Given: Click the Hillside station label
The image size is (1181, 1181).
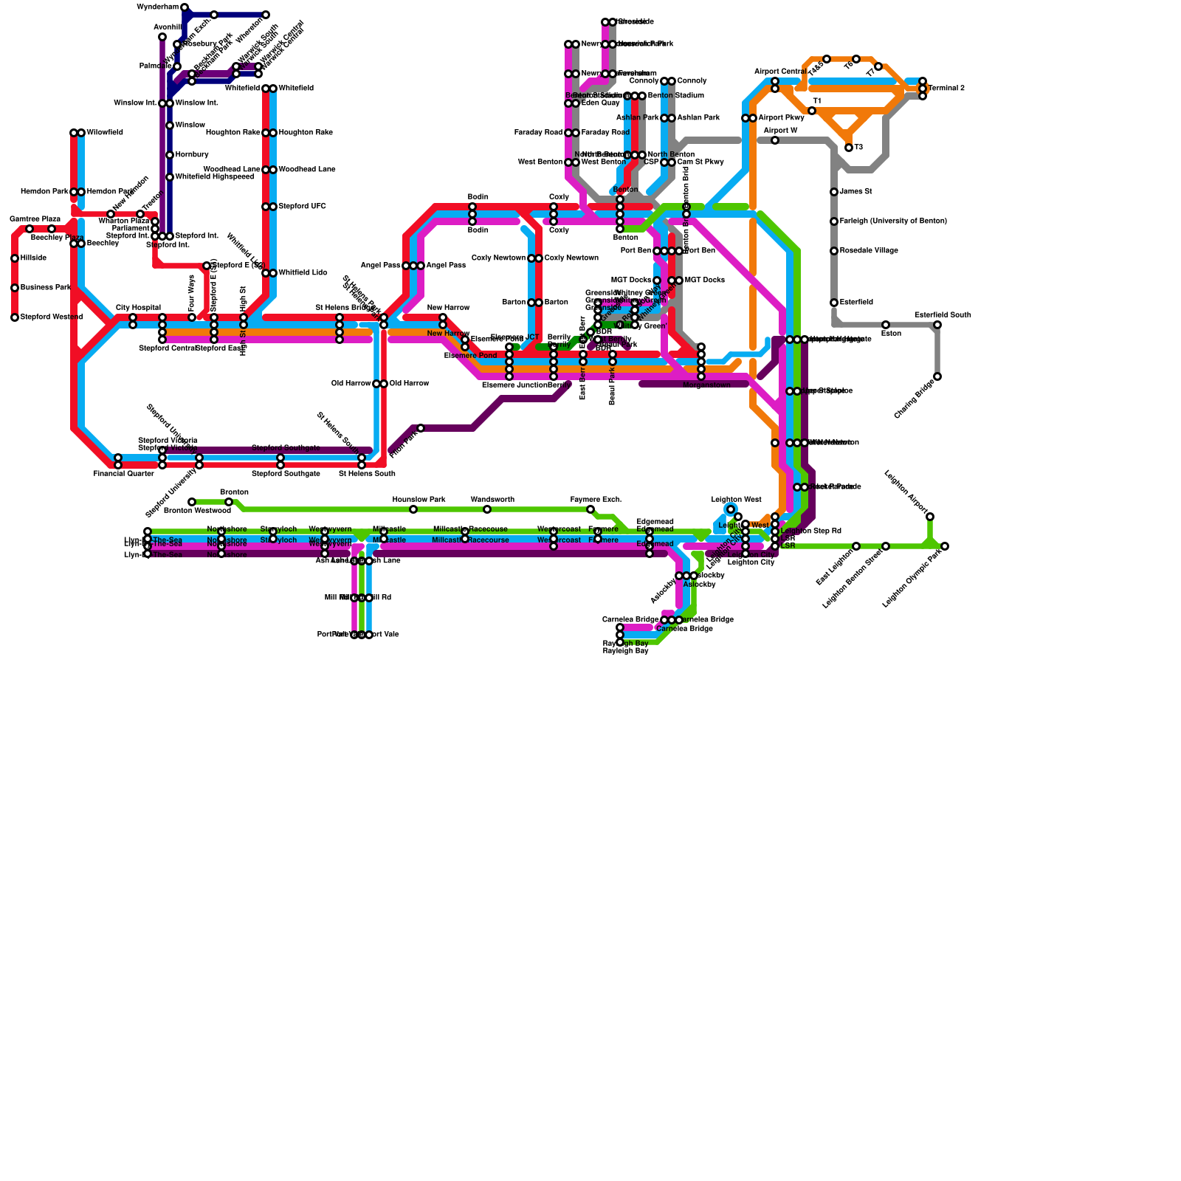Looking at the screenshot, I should (33, 258).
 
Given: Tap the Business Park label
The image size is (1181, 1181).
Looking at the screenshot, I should (46, 288).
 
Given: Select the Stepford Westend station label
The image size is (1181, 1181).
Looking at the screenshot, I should (52, 317).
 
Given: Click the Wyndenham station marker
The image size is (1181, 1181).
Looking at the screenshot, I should (185, 7).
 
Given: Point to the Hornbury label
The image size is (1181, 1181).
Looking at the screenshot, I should (192, 155).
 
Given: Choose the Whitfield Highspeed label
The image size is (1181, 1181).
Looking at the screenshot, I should (215, 177).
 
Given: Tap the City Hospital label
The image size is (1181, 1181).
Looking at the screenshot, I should (138, 308).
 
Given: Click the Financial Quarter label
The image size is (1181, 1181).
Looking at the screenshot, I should (123, 474).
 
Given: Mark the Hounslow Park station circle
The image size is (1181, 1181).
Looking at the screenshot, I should (413, 509).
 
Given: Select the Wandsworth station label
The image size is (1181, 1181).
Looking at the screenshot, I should (492, 500).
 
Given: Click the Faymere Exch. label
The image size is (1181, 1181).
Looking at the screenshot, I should (596, 500).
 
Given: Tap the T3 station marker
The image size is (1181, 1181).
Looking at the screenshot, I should (849, 148).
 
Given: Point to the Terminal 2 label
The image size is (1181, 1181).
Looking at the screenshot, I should (946, 89).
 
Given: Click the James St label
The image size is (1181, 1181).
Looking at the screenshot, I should (856, 192).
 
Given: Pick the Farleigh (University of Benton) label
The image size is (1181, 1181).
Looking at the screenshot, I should (893, 221).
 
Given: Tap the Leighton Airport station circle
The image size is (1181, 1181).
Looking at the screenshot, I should (930, 517).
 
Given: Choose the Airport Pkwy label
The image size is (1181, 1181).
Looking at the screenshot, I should (781, 118).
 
